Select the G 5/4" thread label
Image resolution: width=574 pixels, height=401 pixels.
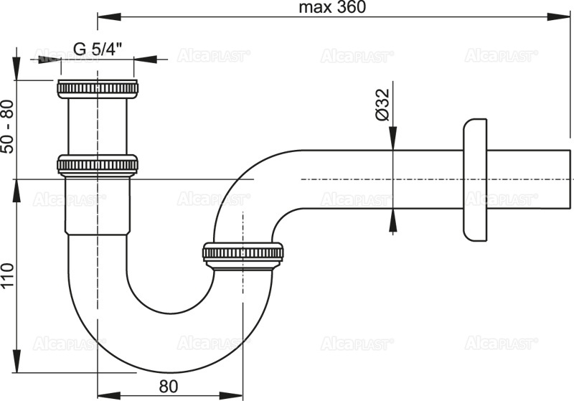(98, 49)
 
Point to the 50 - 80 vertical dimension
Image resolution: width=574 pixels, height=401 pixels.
(8, 125)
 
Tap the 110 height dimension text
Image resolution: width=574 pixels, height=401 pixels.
(8, 274)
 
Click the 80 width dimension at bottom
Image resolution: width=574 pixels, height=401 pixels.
(168, 385)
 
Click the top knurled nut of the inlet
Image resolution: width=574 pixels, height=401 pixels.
(97, 89)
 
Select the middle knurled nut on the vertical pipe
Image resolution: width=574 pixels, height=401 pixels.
(97, 165)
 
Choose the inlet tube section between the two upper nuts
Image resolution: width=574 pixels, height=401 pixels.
(97, 126)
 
